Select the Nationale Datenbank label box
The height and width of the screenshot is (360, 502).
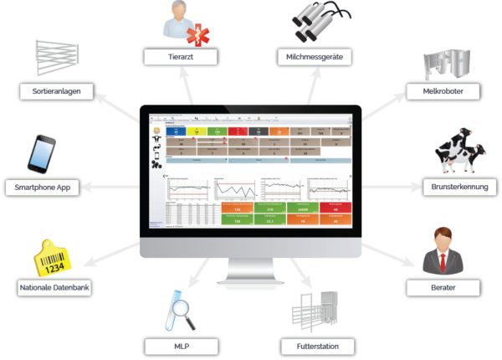53,288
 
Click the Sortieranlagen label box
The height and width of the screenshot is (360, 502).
52,90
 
